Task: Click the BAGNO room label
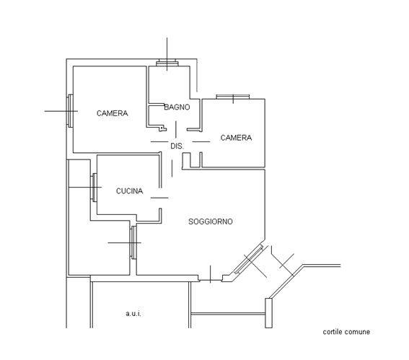coord(177,107)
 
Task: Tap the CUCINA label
coord(129,191)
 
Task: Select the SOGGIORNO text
coord(211,221)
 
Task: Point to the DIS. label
coord(177,146)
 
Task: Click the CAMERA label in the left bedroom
coord(112,113)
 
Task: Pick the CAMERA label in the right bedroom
coord(236,138)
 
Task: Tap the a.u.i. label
coord(133,314)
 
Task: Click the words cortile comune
coord(346,332)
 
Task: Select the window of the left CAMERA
coord(70,111)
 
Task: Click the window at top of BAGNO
coord(167,63)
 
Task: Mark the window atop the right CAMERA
coord(233,97)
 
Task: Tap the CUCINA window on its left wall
coord(94,188)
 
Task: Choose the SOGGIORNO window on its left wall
coord(133,242)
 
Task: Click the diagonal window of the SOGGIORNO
coord(249,259)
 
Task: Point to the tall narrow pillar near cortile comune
coord(268,313)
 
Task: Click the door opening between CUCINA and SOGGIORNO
coord(160,198)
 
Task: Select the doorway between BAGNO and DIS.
coord(175,130)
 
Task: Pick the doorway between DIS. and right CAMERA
coord(201,141)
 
